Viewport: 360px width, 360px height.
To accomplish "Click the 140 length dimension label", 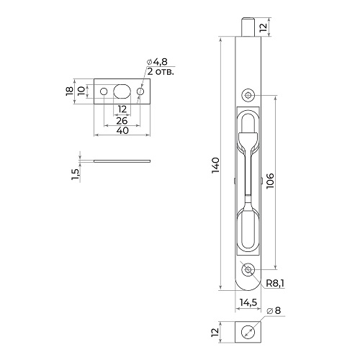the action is (x=215, y=166).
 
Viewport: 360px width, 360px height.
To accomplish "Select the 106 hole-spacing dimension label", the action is (x=270, y=181).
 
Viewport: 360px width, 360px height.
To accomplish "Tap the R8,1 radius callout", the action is (x=275, y=284).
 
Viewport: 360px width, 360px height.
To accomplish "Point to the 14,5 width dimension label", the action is (x=248, y=302).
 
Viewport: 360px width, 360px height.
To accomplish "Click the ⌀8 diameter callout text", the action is (x=274, y=310).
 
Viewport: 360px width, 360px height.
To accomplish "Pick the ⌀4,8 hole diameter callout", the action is (x=157, y=62).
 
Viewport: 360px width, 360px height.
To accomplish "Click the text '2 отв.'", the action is (x=161, y=71).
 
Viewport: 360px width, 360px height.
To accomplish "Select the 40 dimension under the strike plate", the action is (x=122, y=130).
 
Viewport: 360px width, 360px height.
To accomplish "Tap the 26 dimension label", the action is (x=122, y=121).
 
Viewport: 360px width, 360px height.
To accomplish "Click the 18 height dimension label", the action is (x=70, y=91).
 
